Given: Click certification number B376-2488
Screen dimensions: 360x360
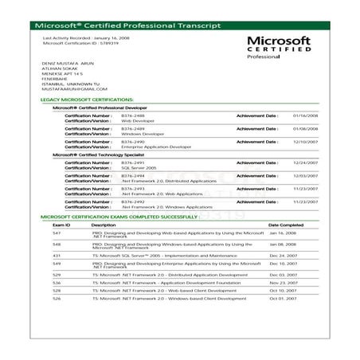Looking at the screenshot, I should pyautogui.click(x=133, y=115).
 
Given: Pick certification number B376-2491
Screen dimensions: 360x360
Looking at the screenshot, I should pyautogui.click(x=133, y=162).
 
